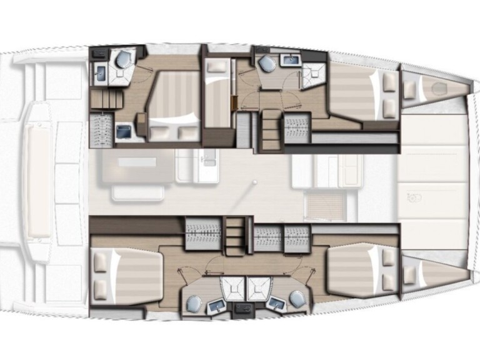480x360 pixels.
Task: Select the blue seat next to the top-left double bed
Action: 124,132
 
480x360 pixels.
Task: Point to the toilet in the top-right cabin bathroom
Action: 268,64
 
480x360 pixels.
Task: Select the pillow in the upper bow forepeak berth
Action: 411,91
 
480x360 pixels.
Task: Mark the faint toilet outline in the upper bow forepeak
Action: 437,87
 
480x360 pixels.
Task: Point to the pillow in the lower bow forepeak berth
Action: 410,271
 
